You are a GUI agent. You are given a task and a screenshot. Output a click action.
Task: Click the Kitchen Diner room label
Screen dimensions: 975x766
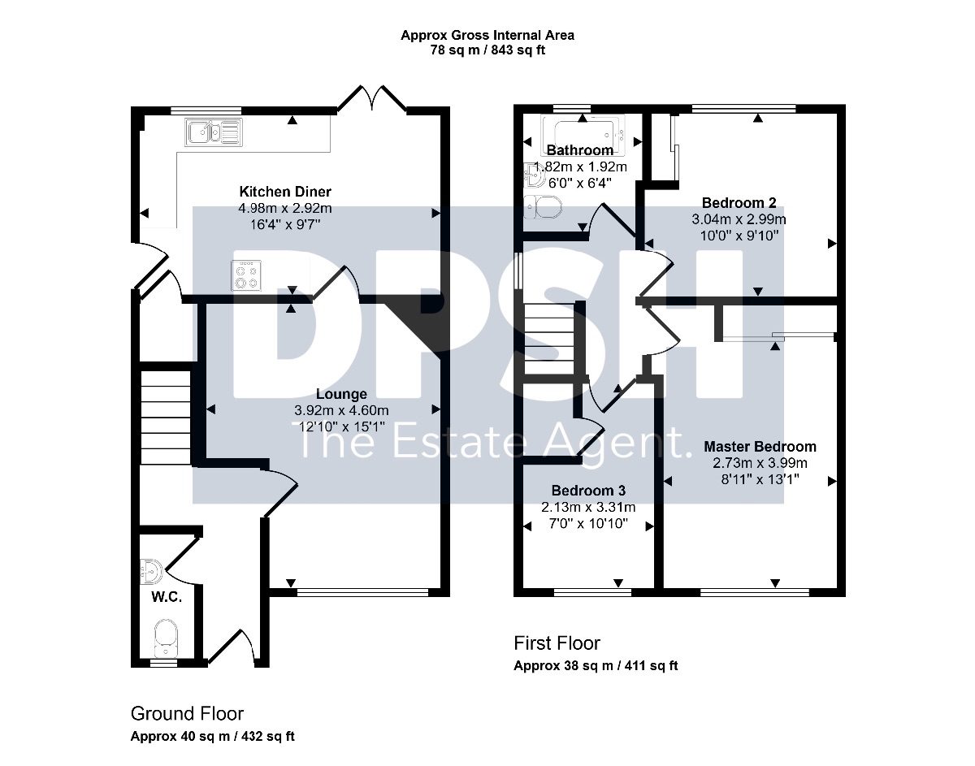tap(285, 192)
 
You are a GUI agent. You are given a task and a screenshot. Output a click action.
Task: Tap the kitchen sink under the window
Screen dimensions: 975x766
tap(214, 132)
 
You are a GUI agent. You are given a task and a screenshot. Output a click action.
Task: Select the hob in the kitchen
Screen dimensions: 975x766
tap(246, 276)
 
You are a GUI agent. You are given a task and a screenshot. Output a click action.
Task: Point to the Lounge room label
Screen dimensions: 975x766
tap(341, 394)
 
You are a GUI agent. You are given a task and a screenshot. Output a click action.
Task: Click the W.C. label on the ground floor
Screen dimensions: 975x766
tap(167, 597)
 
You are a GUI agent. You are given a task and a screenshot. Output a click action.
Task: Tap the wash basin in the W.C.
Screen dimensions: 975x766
tap(151, 572)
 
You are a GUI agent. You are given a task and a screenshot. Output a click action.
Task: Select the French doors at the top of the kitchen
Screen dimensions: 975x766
tap(372, 97)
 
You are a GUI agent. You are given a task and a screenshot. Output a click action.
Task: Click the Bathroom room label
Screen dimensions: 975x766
tap(579, 150)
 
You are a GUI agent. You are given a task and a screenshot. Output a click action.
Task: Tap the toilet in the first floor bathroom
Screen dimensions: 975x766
tap(543, 207)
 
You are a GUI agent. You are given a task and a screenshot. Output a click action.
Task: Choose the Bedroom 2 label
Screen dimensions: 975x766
tap(739, 203)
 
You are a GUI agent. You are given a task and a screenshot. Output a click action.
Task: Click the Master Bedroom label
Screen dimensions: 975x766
tap(760, 447)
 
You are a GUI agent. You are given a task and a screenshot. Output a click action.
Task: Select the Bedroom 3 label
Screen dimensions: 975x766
tap(588, 491)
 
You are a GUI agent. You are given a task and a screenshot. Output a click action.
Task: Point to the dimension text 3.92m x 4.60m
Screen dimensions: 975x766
tap(341, 410)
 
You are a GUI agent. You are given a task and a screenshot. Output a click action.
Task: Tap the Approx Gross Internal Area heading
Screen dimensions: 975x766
tap(487, 35)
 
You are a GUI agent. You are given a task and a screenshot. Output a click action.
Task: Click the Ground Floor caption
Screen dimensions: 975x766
tap(187, 713)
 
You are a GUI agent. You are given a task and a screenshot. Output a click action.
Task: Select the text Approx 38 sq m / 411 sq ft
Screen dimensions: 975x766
tap(596, 665)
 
